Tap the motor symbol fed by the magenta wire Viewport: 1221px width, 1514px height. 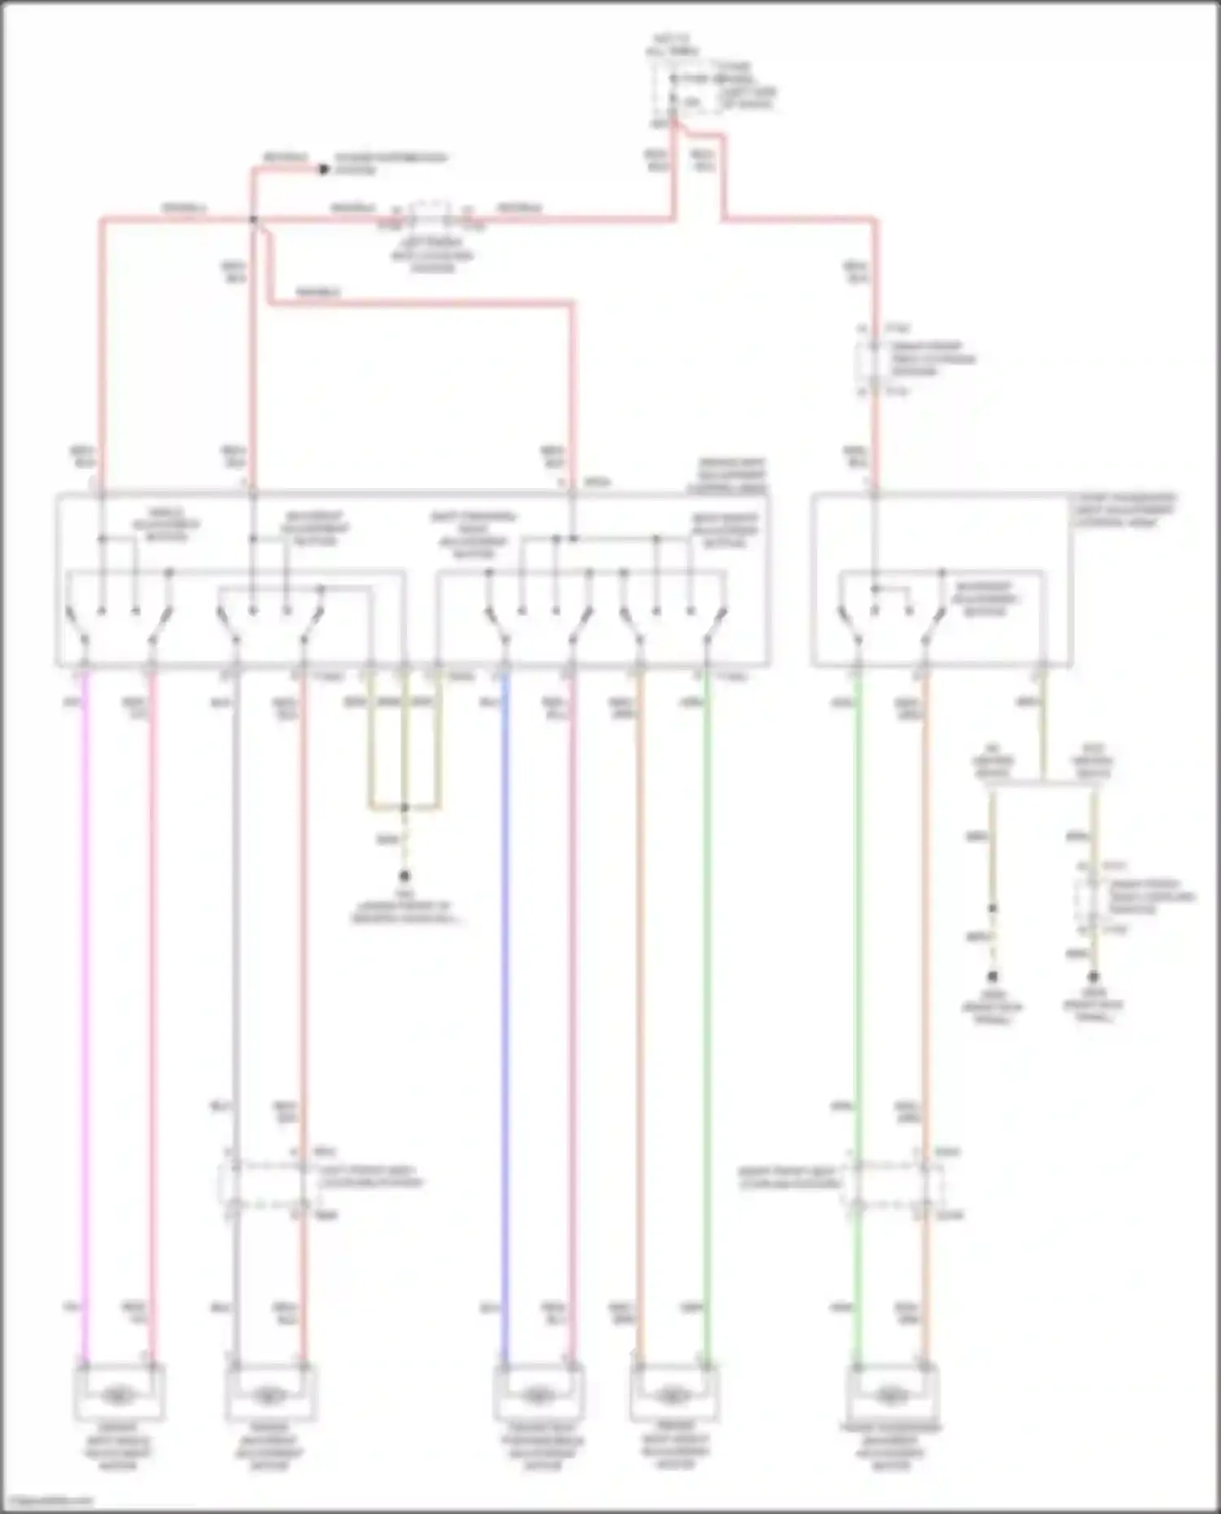coord(119,1396)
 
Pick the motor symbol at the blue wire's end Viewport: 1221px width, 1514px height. coord(538,1396)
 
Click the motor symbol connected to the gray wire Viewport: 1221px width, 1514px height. coord(268,1396)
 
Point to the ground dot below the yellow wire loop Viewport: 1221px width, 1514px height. coord(404,876)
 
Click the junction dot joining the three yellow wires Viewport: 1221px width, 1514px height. coord(404,808)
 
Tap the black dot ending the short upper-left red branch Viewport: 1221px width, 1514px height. coord(323,169)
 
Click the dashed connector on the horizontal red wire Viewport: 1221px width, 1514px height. coord(431,215)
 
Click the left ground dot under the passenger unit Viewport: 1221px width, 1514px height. coord(992,976)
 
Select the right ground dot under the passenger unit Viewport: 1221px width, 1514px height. coord(1093,976)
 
